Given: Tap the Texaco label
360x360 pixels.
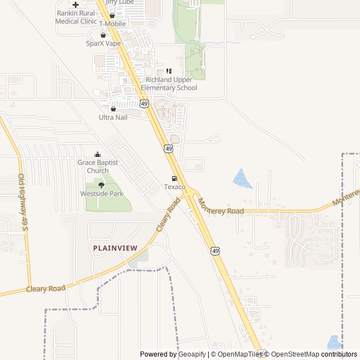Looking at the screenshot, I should pyautogui.click(x=174, y=187).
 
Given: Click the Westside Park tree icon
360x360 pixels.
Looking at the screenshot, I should pyautogui.click(x=101, y=185).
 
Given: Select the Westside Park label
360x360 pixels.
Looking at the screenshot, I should pyautogui.click(x=101, y=194).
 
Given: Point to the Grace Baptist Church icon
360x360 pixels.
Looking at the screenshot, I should pyautogui.click(x=98, y=154).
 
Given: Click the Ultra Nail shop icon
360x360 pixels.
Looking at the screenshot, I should pyautogui.click(x=113, y=109).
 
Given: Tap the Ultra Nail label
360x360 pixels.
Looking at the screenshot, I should pyautogui.click(x=113, y=117).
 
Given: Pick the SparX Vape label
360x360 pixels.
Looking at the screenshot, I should pyautogui.click(x=103, y=43).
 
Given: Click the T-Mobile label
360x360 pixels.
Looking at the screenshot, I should pyautogui.click(x=112, y=24).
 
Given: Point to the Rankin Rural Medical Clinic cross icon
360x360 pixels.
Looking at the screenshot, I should pyautogui.click(x=75, y=4).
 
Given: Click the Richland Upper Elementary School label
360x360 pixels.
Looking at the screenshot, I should pyautogui.click(x=169, y=84).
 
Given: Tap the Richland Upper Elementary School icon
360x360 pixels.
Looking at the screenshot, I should pyautogui.click(x=169, y=71).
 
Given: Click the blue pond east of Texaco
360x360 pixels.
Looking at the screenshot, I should pyautogui.click(x=242, y=179).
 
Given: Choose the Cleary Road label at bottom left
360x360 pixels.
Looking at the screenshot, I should pyautogui.click(x=46, y=289).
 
